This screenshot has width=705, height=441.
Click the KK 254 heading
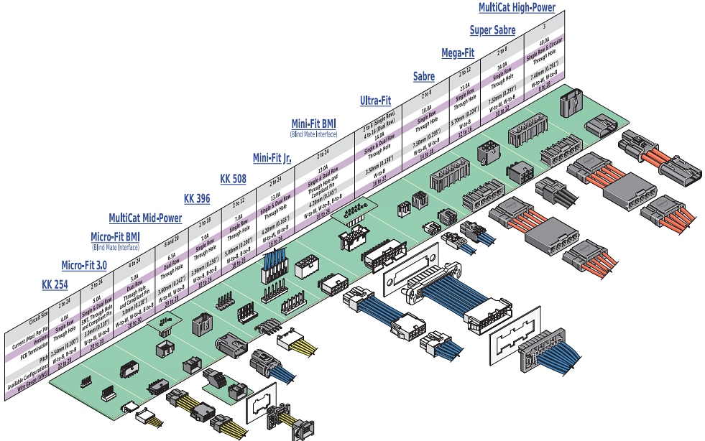(55, 285)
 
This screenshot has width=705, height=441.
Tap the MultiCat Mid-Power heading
(144, 218)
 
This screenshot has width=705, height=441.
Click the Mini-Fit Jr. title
(272, 157)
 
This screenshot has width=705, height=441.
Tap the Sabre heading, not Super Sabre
(423, 76)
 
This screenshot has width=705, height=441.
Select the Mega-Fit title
(457, 53)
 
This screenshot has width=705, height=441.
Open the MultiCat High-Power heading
(517, 8)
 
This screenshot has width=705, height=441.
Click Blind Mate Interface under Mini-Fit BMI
(314, 134)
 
